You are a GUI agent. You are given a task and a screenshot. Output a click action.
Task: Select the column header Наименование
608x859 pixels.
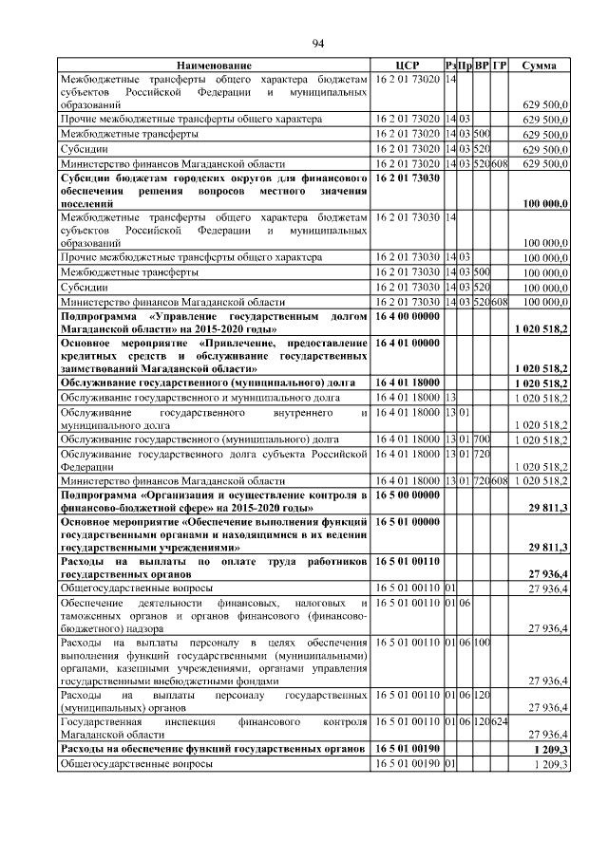pyautogui.click(x=214, y=65)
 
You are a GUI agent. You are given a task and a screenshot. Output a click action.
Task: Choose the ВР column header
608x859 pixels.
pyautogui.click(x=482, y=65)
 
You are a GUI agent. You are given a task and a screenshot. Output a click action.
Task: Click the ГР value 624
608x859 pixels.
pyautogui.click(x=501, y=721)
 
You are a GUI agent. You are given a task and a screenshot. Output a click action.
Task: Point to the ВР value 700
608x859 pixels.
pyautogui.click(x=482, y=440)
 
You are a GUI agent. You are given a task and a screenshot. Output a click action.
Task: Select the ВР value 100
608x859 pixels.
pyautogui.click(x=482, y=644)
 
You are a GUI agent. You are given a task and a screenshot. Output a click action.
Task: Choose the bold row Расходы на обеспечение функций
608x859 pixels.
pyautogui.click(x=214, y=749)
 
